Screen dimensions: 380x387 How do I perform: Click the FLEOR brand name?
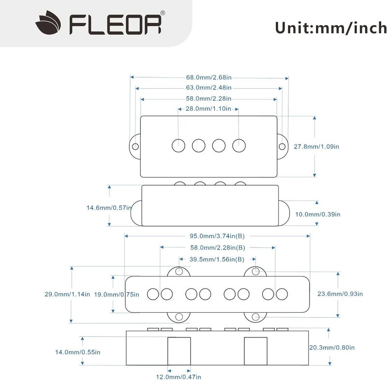115,25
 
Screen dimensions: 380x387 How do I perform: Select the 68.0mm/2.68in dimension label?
209,77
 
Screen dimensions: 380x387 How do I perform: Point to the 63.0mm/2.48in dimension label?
208,88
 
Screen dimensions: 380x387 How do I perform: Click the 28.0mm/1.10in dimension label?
208,109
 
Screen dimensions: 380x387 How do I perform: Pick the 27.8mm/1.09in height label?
317,146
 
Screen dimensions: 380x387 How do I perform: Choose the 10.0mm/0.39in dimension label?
318,214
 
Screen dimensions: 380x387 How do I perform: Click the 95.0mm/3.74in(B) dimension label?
217,236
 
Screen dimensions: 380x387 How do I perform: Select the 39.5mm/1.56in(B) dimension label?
216,259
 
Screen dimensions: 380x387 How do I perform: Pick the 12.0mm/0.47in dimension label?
179,376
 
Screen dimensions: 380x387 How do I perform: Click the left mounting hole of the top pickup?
135,146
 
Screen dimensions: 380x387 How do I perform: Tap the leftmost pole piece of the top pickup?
179,145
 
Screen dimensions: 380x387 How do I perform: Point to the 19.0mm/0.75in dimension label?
116,294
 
